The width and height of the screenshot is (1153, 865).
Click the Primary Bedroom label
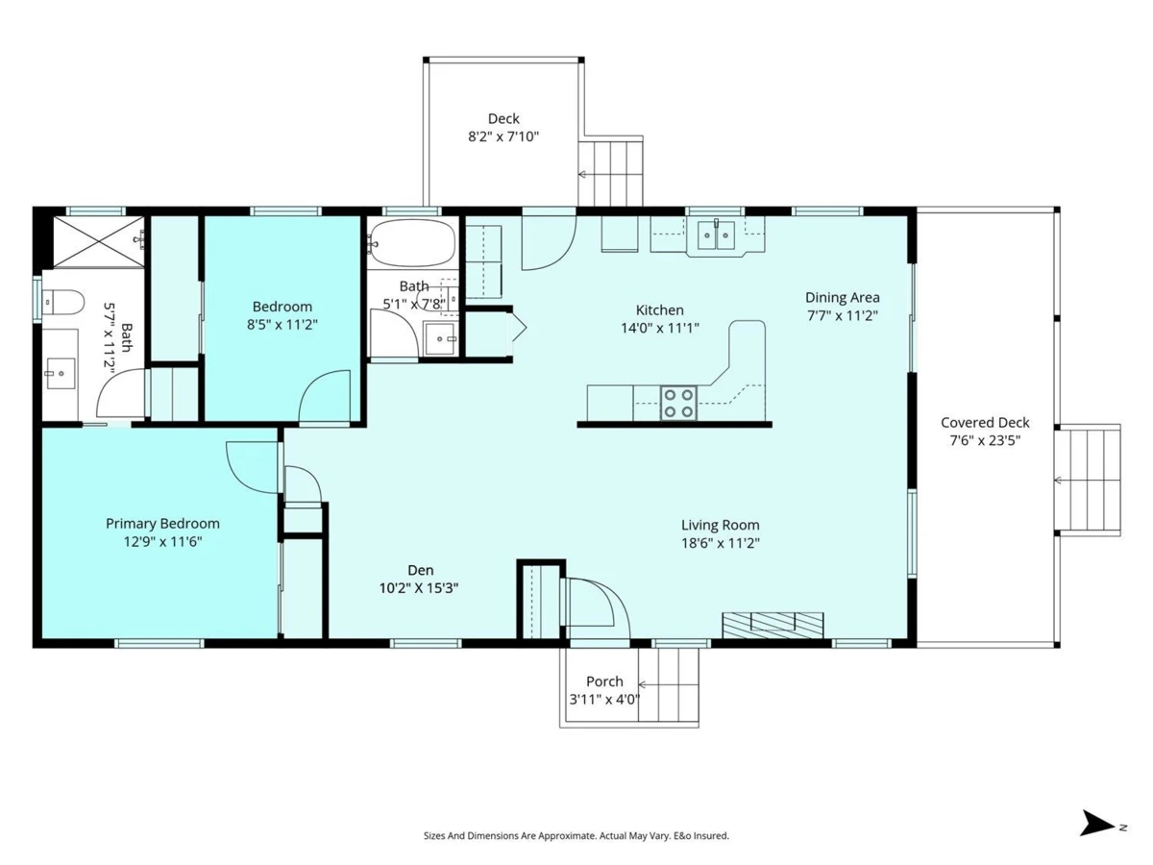(x=162, y=524)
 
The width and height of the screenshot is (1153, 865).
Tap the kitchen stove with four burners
(x=678, y=404)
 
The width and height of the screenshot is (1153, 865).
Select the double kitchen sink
(x=716, y=235)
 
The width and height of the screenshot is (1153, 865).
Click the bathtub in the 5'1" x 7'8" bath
(x=412, y=242)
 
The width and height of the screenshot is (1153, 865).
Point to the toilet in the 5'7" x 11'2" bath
(x=63, y=303)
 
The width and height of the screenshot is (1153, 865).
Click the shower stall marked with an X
(x=98, y=241)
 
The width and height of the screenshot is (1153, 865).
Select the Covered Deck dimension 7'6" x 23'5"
(x=985, y=440)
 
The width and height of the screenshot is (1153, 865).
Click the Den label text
(x=421, y=570)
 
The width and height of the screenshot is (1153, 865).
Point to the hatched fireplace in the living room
(x=773, y=625)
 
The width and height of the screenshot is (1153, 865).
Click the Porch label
(x=604, y=681)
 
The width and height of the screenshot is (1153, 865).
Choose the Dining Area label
(x=842, y=298)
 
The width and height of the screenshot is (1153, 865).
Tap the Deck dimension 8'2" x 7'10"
(x=503, y=136)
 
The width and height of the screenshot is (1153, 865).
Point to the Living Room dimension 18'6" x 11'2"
(x=721, y=542)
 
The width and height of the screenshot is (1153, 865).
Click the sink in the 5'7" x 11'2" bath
(x=61, y=373)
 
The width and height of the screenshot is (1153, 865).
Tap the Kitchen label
(x=660, y=309)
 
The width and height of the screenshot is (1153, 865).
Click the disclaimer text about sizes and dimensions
(x=576, y=835)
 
